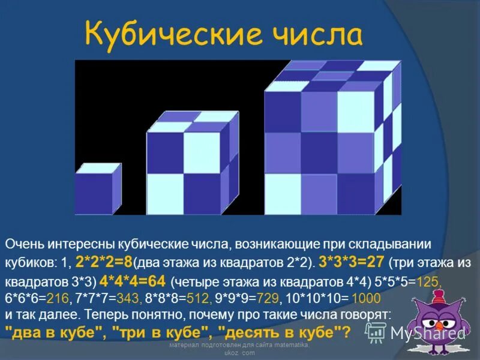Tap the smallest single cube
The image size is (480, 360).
coord(98,188)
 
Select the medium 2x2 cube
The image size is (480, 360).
coord(187,165)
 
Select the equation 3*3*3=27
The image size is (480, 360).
coord(352,263)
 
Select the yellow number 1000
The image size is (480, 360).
coord(366,298)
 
